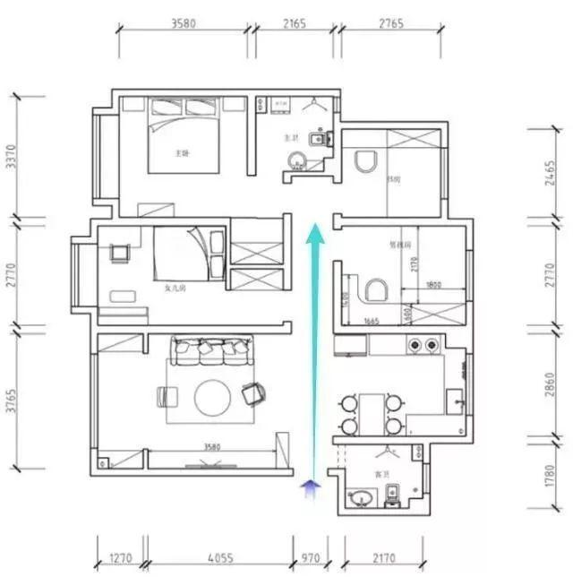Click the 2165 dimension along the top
tap(295, 24)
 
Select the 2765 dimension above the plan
tap(388, 24)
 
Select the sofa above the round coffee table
tap(210, 351)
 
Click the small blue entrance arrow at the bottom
tap(312, 487)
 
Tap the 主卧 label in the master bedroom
tap(183, 153)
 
